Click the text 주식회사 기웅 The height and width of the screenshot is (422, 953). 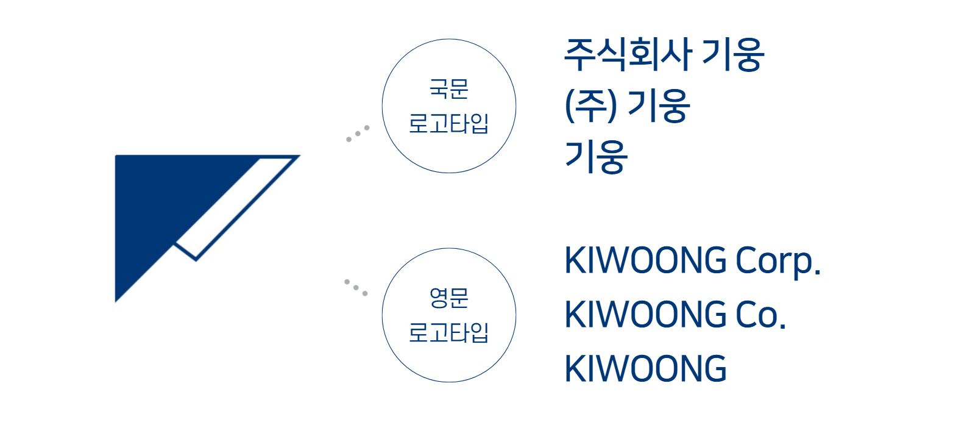(x=664, y=54)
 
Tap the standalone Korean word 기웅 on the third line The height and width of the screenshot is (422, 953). (x=597, y=157)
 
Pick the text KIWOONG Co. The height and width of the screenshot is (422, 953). (x=675, y=315)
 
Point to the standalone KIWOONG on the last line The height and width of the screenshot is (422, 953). (x=645, y=368)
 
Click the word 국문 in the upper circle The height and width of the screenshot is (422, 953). (x=449, y=89)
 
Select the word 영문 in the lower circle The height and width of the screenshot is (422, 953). (x=449, y=298)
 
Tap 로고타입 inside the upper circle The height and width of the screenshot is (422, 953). (x=448, y=124)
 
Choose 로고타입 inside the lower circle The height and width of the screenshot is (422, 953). (x=448, y=332)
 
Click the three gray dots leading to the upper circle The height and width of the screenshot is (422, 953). (x=358, y=134)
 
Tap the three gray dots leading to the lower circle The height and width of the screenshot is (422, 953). (x=356, y=287)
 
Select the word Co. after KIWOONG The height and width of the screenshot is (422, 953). (x=760, y=315)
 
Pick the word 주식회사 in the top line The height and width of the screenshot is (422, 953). (x=628, y=54)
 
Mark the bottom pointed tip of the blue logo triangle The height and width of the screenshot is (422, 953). (x=116, y=302)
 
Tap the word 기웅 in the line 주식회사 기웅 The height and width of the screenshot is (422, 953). (x=733, y=54)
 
